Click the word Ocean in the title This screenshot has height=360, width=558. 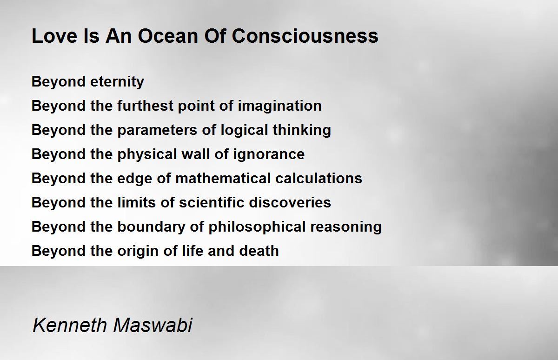click(x=168, y=36)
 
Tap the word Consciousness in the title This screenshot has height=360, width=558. click(x=305, y=36)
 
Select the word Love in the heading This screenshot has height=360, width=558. click(x=55, y=36)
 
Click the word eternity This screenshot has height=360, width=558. click(x=117, y=82)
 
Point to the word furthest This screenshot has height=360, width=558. click(x=145, y=106)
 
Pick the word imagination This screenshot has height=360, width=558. click(x=280, y=106)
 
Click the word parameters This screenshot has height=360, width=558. click(x=157, y=130)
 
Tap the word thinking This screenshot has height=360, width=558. click(x=302, y=130)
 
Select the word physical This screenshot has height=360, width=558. click(x=147, y=154)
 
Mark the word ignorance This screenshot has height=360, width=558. click(x=269, y=154)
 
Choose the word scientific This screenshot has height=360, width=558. click(x=212, y=202)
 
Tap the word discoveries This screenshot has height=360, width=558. click(x=290, y=202)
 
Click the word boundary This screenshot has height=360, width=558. click(x=151, y=227)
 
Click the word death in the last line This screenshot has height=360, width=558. click(x=259, y=251)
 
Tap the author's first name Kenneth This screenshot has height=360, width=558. click(x=70, y=325)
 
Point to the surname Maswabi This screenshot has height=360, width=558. click(x=153, y=325)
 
